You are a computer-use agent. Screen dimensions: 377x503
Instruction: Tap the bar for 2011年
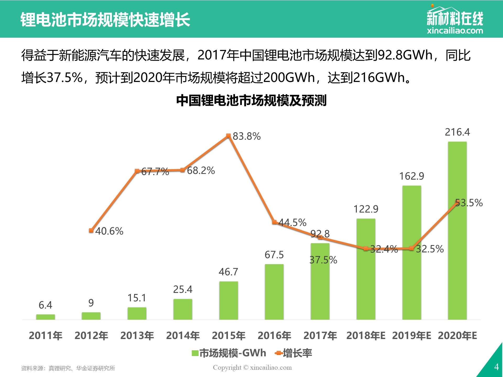click(46, 317)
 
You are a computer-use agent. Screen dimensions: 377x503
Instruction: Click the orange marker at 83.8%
click(228, 136)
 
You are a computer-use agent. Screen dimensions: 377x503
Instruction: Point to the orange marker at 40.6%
click(91, 230)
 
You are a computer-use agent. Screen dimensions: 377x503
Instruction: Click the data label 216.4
click(457, 132)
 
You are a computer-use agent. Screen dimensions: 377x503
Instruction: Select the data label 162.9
click(412, 176)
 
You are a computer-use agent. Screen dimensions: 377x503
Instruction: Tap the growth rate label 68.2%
click(201, 170)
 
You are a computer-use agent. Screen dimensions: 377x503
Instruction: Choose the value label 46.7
click(228, 272)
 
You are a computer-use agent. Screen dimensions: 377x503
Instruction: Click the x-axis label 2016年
click(274, 336)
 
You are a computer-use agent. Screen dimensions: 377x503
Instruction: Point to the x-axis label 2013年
click(137, 336)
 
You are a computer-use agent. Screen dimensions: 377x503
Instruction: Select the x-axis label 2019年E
click(412, 336)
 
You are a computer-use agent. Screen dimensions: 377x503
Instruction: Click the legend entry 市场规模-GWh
click(229, 353)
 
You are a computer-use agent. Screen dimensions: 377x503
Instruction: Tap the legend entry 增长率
click(294, 353)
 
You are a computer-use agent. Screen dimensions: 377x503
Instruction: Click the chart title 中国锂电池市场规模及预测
click(251, 101)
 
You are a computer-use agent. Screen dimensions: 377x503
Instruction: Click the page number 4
click(496, 367)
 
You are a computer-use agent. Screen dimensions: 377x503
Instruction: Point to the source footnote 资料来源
click(68, 368)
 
